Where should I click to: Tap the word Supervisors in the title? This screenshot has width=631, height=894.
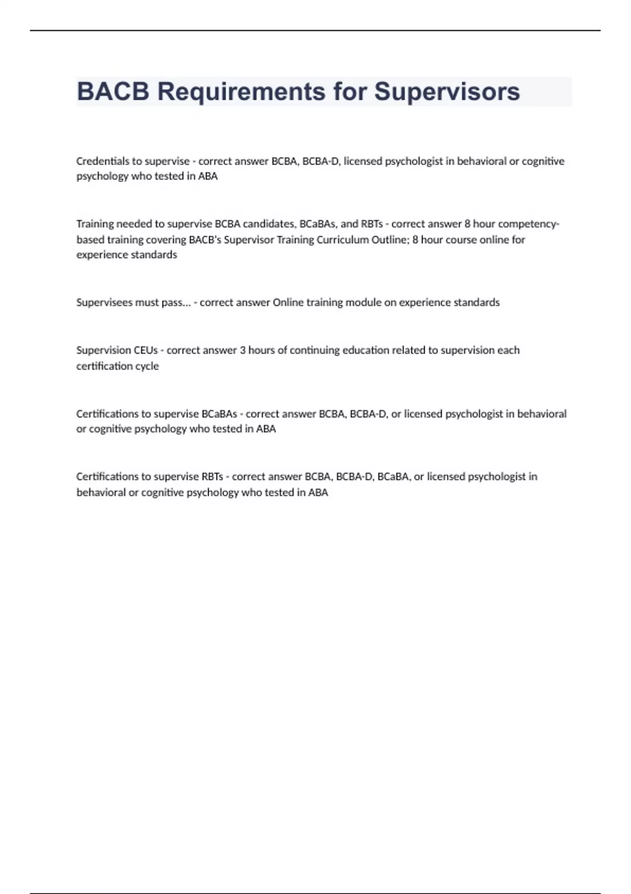point(447,92)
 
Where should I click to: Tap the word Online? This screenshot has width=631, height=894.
point(288,302)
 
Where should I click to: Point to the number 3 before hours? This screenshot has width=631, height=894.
point(242,350)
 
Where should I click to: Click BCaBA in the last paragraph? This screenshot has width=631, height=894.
point(393,477)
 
